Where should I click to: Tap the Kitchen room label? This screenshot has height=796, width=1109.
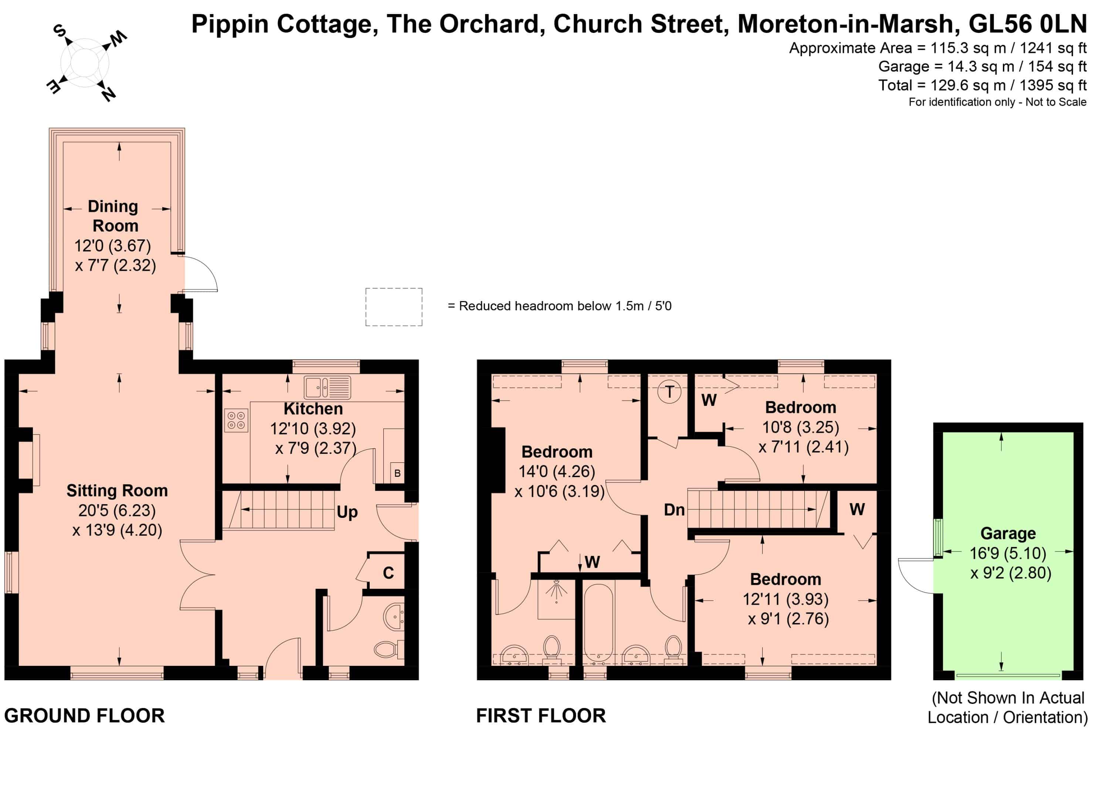click(x=313, y=408)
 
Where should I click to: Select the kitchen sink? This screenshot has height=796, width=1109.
click(x=327, y=388)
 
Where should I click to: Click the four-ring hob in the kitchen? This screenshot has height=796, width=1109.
click(x=236, y=420)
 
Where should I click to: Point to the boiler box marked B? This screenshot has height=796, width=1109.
click(x=397, y=473)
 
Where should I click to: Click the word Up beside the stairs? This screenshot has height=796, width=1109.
click(x=347, y=512)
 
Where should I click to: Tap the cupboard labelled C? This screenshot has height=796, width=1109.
click(x=388, y=573)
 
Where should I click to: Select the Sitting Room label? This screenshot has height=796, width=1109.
click(x=117, y=491)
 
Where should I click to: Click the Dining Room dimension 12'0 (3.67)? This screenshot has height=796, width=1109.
click(x=112, y=246)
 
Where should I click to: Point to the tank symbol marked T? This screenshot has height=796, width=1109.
click(x=669, y=391)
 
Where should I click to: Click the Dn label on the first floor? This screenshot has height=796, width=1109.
click(x=674, y=510)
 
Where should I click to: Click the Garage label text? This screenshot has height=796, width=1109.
click(x=1008, y=533)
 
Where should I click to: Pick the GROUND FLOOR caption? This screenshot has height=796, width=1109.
click(x=85, y=716)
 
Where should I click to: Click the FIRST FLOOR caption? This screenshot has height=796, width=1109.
click(x=541, y=716)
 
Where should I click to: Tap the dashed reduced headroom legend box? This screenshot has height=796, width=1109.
click(x=394, y=307)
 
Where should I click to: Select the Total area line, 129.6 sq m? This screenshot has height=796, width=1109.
click(x=982, y=85)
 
